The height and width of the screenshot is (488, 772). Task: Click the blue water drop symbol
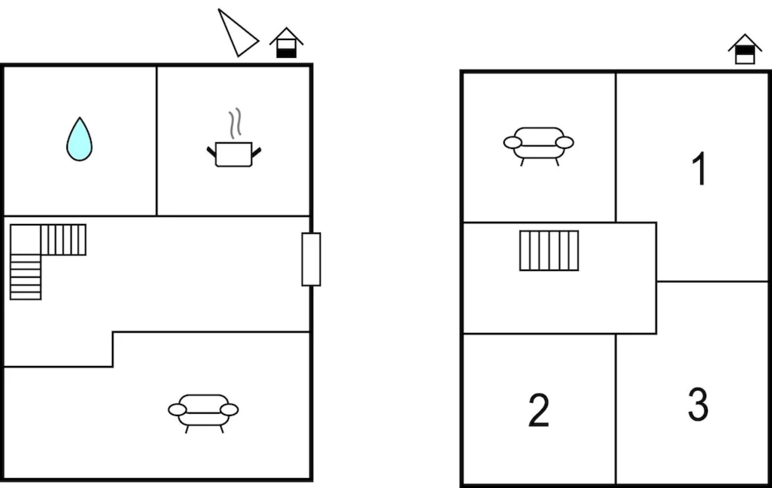79,140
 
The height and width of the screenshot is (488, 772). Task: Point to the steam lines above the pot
235,123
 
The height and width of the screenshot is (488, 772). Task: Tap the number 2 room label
538,410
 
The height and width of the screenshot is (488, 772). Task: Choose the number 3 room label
698,404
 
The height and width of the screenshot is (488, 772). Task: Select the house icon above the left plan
286,43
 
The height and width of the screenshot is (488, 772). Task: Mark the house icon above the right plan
745,49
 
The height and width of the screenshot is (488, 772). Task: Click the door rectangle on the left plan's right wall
311,259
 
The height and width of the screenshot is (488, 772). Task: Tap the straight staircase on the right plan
549,250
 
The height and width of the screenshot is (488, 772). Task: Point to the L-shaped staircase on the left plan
26,240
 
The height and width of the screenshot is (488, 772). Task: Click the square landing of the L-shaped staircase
25,239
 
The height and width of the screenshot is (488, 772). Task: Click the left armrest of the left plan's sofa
177,410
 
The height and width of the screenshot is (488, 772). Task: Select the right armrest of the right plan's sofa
565,142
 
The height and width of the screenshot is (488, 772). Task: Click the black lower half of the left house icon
286,53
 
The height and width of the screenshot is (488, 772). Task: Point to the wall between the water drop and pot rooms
157,141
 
